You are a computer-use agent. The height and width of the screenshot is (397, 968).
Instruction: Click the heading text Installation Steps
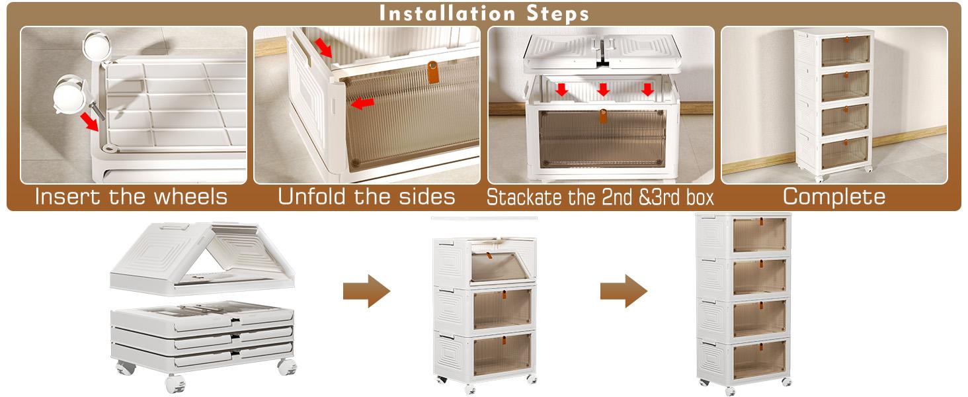(x=484, y=13)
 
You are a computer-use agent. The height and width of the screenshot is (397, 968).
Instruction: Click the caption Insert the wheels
(x=132, y=197)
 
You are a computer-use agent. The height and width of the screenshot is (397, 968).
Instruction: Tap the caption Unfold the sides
(x=366, y=197)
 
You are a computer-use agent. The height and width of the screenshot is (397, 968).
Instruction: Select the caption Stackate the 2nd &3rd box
(x=600, y=197)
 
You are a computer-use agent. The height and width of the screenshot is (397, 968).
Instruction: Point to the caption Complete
(x=834, y=197)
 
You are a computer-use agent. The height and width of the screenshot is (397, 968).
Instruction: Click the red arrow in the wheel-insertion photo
(x=89, y=122)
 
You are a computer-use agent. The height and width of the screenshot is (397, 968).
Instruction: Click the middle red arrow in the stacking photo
(x=603, y=89)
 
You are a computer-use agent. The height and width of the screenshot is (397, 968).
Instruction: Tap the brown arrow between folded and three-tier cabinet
(x=367, y=291)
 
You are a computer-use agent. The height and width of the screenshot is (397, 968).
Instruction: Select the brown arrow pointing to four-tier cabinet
(x=624, y=291)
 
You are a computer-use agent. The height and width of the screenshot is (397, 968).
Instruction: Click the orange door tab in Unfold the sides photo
(x=432, y=71)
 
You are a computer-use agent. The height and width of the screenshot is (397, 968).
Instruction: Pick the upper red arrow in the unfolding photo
(x=323, y=48)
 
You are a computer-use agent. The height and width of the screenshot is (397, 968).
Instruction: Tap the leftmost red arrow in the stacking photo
(x=561, y=89)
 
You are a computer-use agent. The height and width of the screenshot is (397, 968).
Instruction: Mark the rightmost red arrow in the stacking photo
(x=647, y=89)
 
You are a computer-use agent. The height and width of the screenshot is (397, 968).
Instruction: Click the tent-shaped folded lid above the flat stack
(x=202, y=259)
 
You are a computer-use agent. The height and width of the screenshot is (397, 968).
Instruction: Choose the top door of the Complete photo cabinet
(x=845, y=51)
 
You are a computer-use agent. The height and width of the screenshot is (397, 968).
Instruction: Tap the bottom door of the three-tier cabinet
(x=502, y=354)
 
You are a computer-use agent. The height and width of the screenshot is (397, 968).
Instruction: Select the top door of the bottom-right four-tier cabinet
(x=759, y=235)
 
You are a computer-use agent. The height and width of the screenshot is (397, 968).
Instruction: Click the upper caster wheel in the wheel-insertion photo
(x=96, y=45)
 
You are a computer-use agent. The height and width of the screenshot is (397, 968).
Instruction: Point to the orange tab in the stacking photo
(x=603, y=116)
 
